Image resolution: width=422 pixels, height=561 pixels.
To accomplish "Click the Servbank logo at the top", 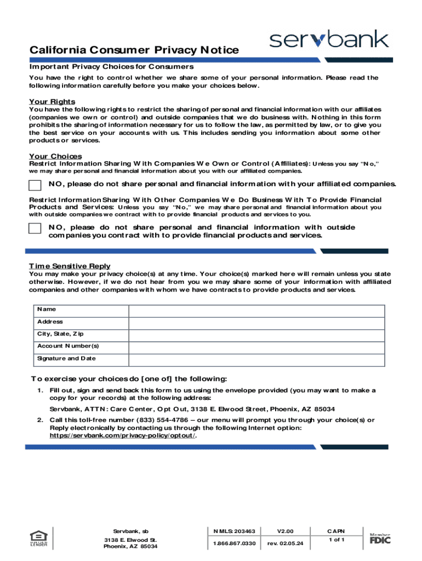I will coord(329,39).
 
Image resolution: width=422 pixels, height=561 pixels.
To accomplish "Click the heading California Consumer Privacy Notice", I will coord(134,50).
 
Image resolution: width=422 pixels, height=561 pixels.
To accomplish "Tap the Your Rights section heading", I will coord(52,102).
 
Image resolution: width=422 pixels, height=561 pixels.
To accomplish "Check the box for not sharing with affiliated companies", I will coord(35,185).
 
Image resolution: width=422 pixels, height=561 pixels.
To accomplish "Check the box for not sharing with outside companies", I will coord(35,228).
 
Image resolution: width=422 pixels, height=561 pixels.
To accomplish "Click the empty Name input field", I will coord(256,310).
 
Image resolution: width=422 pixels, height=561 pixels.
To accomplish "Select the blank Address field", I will coord(256,322).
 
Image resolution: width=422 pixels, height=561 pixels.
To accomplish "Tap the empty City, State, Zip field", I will coord(256,334).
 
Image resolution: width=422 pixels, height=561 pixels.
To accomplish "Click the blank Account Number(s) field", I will coord(256,347).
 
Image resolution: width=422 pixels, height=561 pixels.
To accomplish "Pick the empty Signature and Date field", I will coord(256,359).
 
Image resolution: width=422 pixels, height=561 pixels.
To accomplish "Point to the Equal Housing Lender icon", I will coord(38,538).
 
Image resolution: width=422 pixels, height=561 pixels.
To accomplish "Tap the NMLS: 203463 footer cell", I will coord(235,531).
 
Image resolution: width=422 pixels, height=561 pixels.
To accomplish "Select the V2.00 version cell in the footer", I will coord(285,531).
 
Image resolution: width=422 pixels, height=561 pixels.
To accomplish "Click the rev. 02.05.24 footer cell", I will coord(285,543).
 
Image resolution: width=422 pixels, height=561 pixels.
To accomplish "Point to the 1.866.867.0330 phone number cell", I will coord(235,543).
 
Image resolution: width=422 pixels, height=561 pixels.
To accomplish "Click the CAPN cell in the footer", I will coord(336,531).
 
